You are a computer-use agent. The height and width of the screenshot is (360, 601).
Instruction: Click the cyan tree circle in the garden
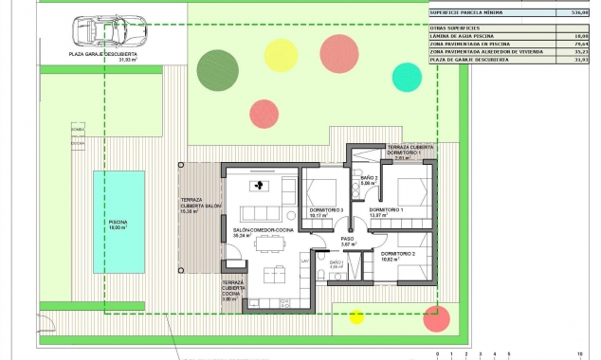[407, 76]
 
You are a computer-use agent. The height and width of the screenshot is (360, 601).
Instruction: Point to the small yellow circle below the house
[356, 316]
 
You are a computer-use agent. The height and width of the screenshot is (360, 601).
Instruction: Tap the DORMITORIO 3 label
[324, 211]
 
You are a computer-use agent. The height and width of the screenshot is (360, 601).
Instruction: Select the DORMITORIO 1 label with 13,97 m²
[387, 211]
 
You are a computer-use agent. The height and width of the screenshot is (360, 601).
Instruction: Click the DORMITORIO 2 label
[398, 256]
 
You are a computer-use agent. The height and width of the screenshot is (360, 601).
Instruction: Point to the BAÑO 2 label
[369, 180]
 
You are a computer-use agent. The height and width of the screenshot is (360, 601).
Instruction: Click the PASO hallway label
[347, 241]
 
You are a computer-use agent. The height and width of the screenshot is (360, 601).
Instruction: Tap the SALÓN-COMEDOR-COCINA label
[256, 231]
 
